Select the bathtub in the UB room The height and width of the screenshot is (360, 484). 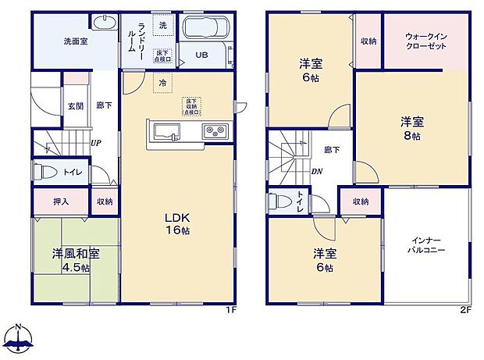(x=205, y=30)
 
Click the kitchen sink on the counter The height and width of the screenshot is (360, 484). (x=165, y=131)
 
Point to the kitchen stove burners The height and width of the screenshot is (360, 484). (x=214, y=131)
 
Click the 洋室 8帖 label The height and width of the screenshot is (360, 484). (x=411, y=128)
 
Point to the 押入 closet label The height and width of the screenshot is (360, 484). (x=60, y=201)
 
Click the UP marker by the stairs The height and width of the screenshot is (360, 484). (x=95, y=144)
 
